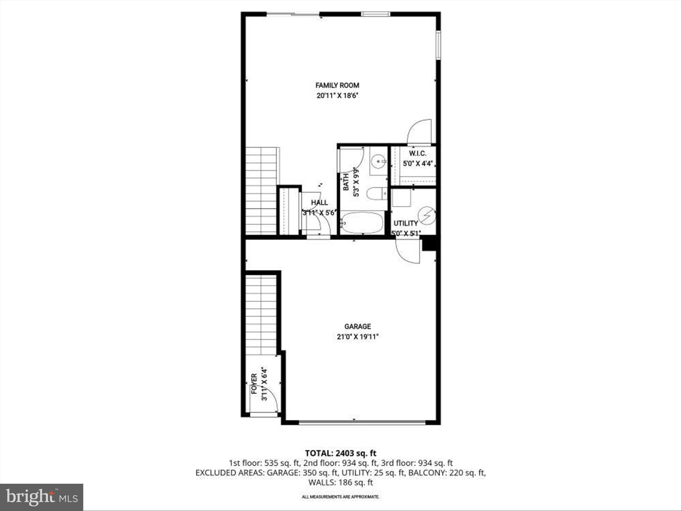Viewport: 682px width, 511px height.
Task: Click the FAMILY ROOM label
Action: (337, 85)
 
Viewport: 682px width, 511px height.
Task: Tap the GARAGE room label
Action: (357, 326)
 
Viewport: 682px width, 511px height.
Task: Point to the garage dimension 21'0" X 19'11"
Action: (357, 337)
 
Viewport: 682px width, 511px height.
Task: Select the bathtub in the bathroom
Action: (362, 223)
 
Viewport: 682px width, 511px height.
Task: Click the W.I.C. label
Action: (417, 154)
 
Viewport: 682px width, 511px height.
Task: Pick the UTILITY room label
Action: (406, 223)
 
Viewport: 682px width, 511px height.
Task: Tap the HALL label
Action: (319, 203)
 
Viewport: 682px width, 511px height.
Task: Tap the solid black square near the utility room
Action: (429, 244)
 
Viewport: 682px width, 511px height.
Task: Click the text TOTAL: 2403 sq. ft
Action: (341, 453)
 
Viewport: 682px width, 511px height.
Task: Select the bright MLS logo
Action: (42, 497)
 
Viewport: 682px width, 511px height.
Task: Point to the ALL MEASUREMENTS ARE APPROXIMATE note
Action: (340, 497)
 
